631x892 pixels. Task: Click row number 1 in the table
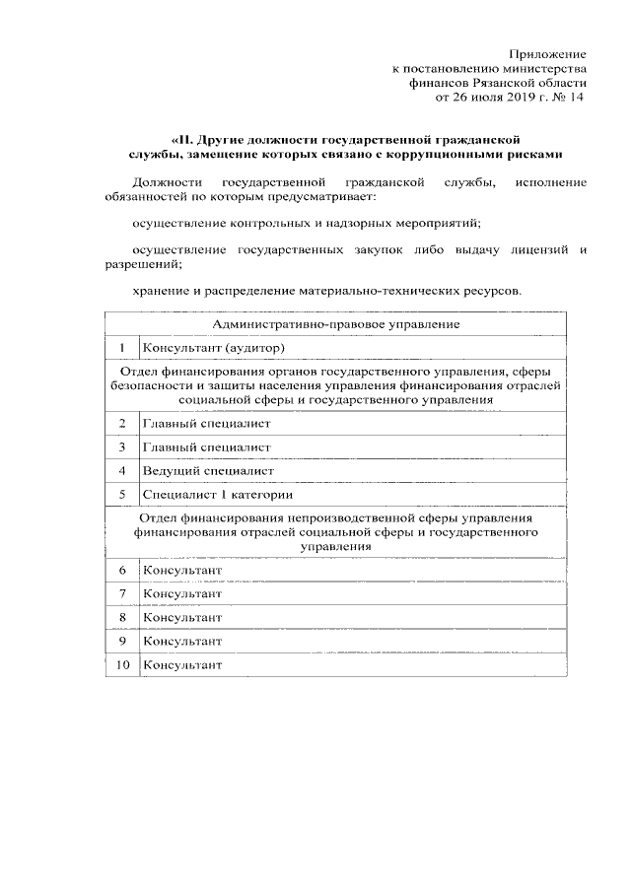click(122, 348)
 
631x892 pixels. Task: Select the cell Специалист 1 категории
click(217, 494)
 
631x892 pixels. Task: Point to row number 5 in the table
click(122, 494)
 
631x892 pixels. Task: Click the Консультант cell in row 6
click(182, 570)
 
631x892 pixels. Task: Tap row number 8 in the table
click(122, 617)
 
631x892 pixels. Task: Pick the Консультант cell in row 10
click(182, 664)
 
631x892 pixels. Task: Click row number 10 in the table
click(122, 664)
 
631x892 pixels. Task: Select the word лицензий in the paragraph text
click(533, 250)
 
